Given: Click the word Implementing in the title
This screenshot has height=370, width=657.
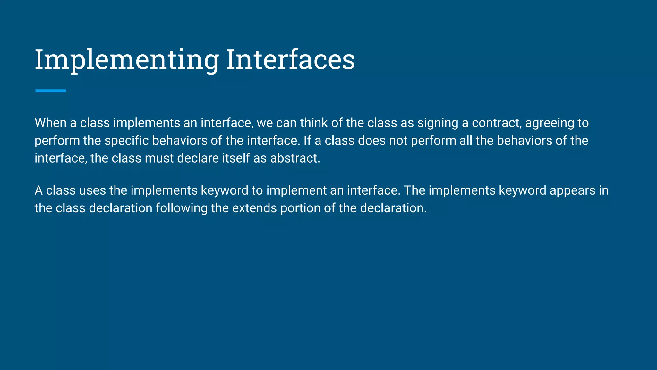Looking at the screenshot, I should point(127,60).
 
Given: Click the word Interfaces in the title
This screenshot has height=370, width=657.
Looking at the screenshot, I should point(290,60).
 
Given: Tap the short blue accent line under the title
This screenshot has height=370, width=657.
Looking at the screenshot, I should point(50,91).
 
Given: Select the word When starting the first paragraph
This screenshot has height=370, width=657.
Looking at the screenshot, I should point(50,123).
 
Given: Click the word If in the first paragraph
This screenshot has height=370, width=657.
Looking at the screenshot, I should point(307,141).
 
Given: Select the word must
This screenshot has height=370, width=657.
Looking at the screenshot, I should point(159,158).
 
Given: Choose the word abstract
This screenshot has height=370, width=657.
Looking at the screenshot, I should point(295,158).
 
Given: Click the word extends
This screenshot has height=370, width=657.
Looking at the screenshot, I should point(254,208).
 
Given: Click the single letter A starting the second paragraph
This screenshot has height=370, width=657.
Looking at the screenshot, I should point(38,190).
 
